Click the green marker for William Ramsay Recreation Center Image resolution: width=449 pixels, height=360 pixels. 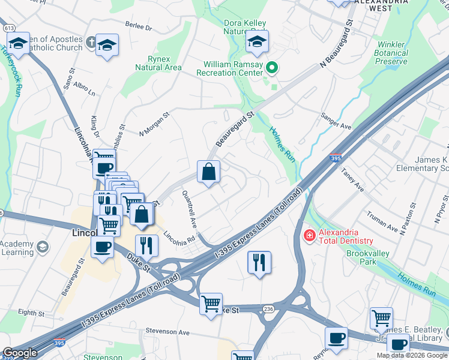point(272,68)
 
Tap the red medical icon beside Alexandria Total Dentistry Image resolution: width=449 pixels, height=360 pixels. point(310,236)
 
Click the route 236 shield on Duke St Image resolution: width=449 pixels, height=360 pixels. point(268,308)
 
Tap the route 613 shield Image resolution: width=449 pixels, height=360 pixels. point(8,28)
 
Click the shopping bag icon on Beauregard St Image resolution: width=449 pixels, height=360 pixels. point(208,172)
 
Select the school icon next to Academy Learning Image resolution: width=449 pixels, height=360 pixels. point(42,247)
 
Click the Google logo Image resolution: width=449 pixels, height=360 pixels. point(20,353)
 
